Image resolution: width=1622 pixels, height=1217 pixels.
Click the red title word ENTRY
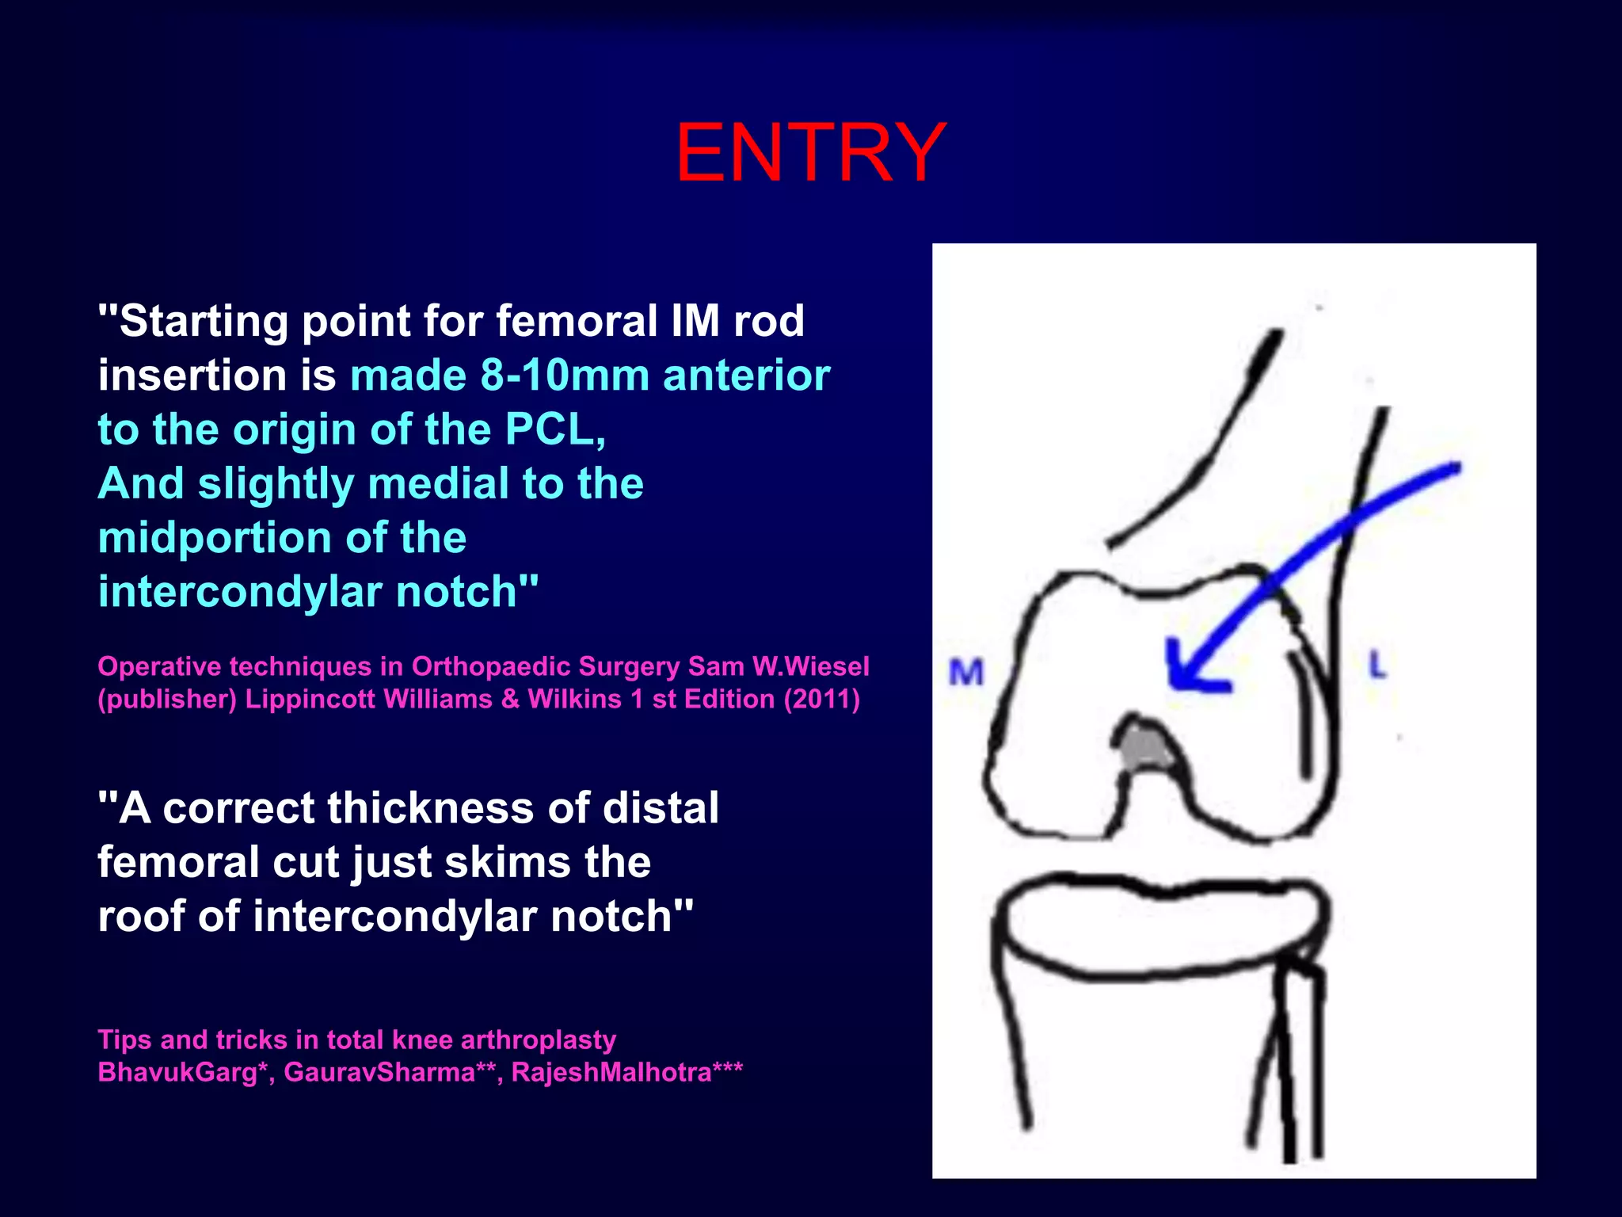click(x=810, y=152)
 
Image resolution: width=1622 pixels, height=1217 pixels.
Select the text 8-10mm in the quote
click(x=565, y=375)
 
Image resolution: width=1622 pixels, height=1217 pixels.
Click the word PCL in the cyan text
click(x=554, y=429)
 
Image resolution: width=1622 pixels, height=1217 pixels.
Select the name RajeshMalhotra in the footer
click(x=611, y=1072)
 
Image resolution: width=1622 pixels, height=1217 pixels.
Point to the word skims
click(x=508, y=862)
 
